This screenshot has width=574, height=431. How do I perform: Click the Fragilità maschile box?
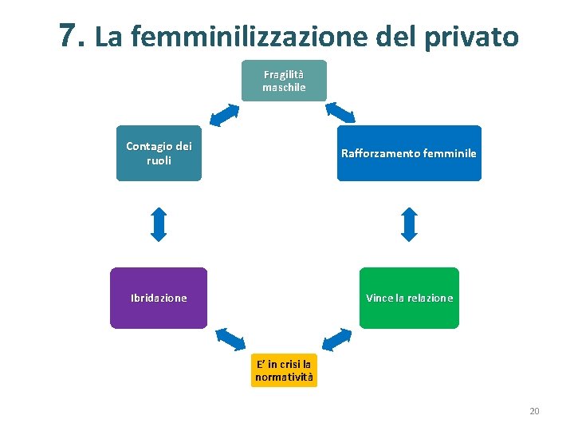tap(284, 81)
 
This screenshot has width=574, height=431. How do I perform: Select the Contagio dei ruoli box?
tap(159, 152)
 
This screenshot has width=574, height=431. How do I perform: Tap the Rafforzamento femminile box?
tap(409, 153)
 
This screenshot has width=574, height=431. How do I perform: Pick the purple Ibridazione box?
tap(159, 298)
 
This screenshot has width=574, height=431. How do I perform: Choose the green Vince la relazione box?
tap(409, 298)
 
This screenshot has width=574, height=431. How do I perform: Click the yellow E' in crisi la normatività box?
tap(284, 370)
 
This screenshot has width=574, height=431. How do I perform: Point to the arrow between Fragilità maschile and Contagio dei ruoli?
tap(224, 114)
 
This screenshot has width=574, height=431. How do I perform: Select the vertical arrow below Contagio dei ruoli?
tap(159, 224)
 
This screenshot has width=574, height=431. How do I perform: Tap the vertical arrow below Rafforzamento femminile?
tap(409, 224)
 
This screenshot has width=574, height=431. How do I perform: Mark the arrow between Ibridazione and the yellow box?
tap(232, 338)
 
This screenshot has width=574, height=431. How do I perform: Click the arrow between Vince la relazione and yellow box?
tap(337, 340)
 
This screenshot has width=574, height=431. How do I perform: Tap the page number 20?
tap(534, 411)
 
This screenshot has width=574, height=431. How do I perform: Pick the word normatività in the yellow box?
tap(284, 376)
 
